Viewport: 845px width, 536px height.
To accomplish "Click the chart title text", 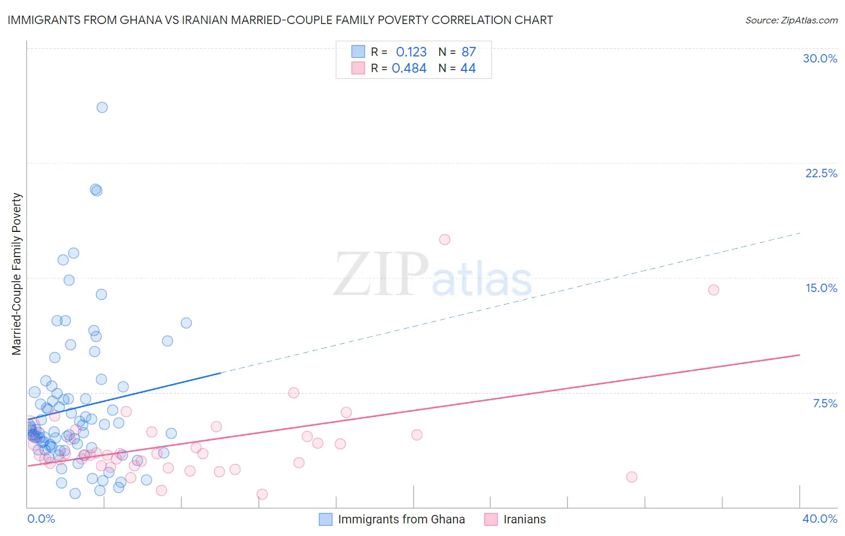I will coord(280,20).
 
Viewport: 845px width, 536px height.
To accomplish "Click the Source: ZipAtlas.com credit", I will coord(791,20).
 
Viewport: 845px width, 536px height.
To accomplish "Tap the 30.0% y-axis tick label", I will coord(820,58).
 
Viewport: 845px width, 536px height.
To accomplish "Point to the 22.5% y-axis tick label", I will coord(821,173).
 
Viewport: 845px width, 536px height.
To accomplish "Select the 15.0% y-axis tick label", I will coord(821,288).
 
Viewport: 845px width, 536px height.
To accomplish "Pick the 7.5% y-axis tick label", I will coord(825,403).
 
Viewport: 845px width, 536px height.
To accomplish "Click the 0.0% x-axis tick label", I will coord(41,519).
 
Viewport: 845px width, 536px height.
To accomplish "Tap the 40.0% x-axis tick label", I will coord(819,519).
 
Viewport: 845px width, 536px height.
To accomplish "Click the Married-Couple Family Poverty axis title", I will coord(17,273).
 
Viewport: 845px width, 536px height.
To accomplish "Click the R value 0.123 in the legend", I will coord(411,52).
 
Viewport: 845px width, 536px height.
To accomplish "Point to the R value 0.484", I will coord(409,69).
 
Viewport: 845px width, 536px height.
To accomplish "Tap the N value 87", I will coord(469,52).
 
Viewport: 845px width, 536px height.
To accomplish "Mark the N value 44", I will coord(468,69).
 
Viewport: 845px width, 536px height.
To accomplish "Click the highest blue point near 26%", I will coord(102,108).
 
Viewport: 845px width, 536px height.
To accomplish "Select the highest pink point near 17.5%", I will coord(445,240).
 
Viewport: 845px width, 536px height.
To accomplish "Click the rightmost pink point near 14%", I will coord(713,290).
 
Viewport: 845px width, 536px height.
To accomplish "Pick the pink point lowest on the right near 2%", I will coord(632,477).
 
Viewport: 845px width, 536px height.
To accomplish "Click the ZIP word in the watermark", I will coord(380,275).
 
